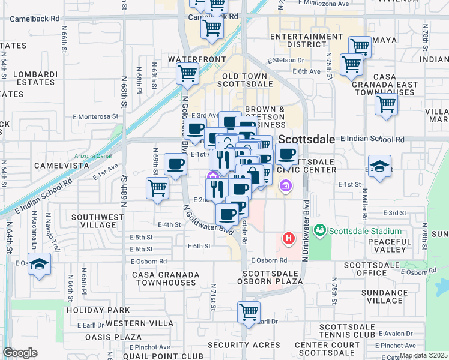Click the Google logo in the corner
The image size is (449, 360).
[20, 353]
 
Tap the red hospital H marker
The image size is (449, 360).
[289, 239]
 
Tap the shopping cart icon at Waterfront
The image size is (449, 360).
[187, 74]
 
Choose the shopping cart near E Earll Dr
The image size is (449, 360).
[249, 313]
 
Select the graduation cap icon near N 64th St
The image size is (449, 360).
[39, 265]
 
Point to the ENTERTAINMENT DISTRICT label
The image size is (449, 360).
[306, 40]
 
